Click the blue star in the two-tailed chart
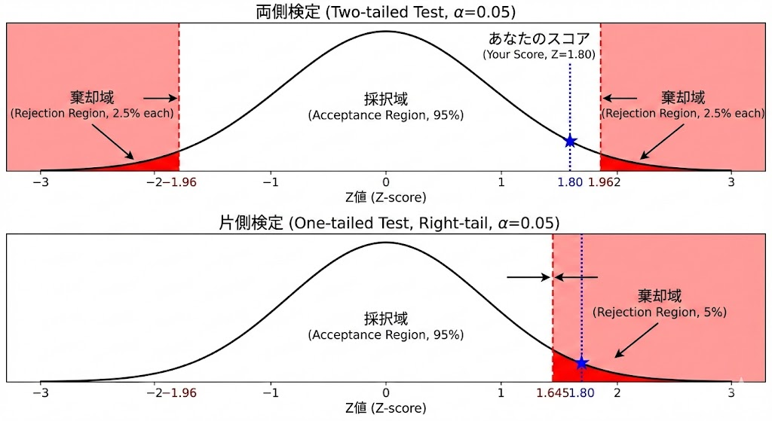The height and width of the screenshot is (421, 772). [x=570, y=141]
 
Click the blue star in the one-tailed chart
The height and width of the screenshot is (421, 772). [x=581, y=363]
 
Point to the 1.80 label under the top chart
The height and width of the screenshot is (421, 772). [x=570, y=182]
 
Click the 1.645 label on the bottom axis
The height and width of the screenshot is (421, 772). [x=552, y=392]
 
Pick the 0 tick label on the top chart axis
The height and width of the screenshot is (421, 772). [x=386, y=182]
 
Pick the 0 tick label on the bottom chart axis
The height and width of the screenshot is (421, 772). [x=386, y=392]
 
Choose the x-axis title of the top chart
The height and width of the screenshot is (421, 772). [x=385, y=197]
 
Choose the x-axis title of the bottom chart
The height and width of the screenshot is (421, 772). [x=385, y=408]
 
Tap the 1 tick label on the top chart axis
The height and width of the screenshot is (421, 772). [x=501, y=182]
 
